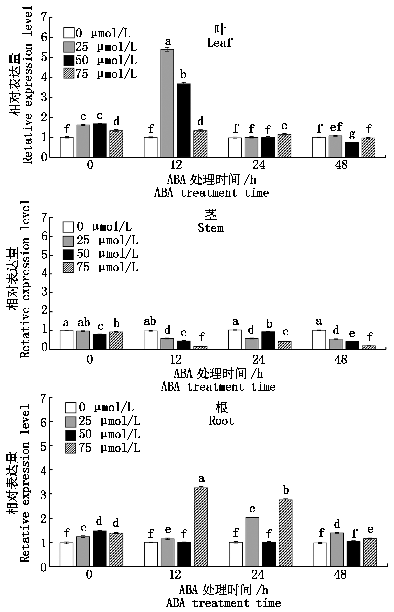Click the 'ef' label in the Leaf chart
point(336,127)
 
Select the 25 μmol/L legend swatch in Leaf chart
point(68,47)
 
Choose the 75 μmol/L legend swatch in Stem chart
point(68,267)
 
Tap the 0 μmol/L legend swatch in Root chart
point(70,407)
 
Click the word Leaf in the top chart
point(219,43)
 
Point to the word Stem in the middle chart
point(210,228)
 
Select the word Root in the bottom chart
point(221,421)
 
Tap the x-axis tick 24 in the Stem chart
point(259,359)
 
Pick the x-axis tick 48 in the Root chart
point(340,574)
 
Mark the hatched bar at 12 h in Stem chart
point(201,347)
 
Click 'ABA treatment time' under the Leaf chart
point(212,193)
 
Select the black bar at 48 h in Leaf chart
point(352,150)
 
